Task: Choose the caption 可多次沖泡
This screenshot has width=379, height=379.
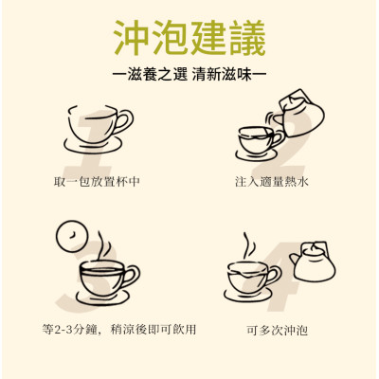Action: tap(276, 331)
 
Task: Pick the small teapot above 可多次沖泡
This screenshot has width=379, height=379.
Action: tap(313, 262)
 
